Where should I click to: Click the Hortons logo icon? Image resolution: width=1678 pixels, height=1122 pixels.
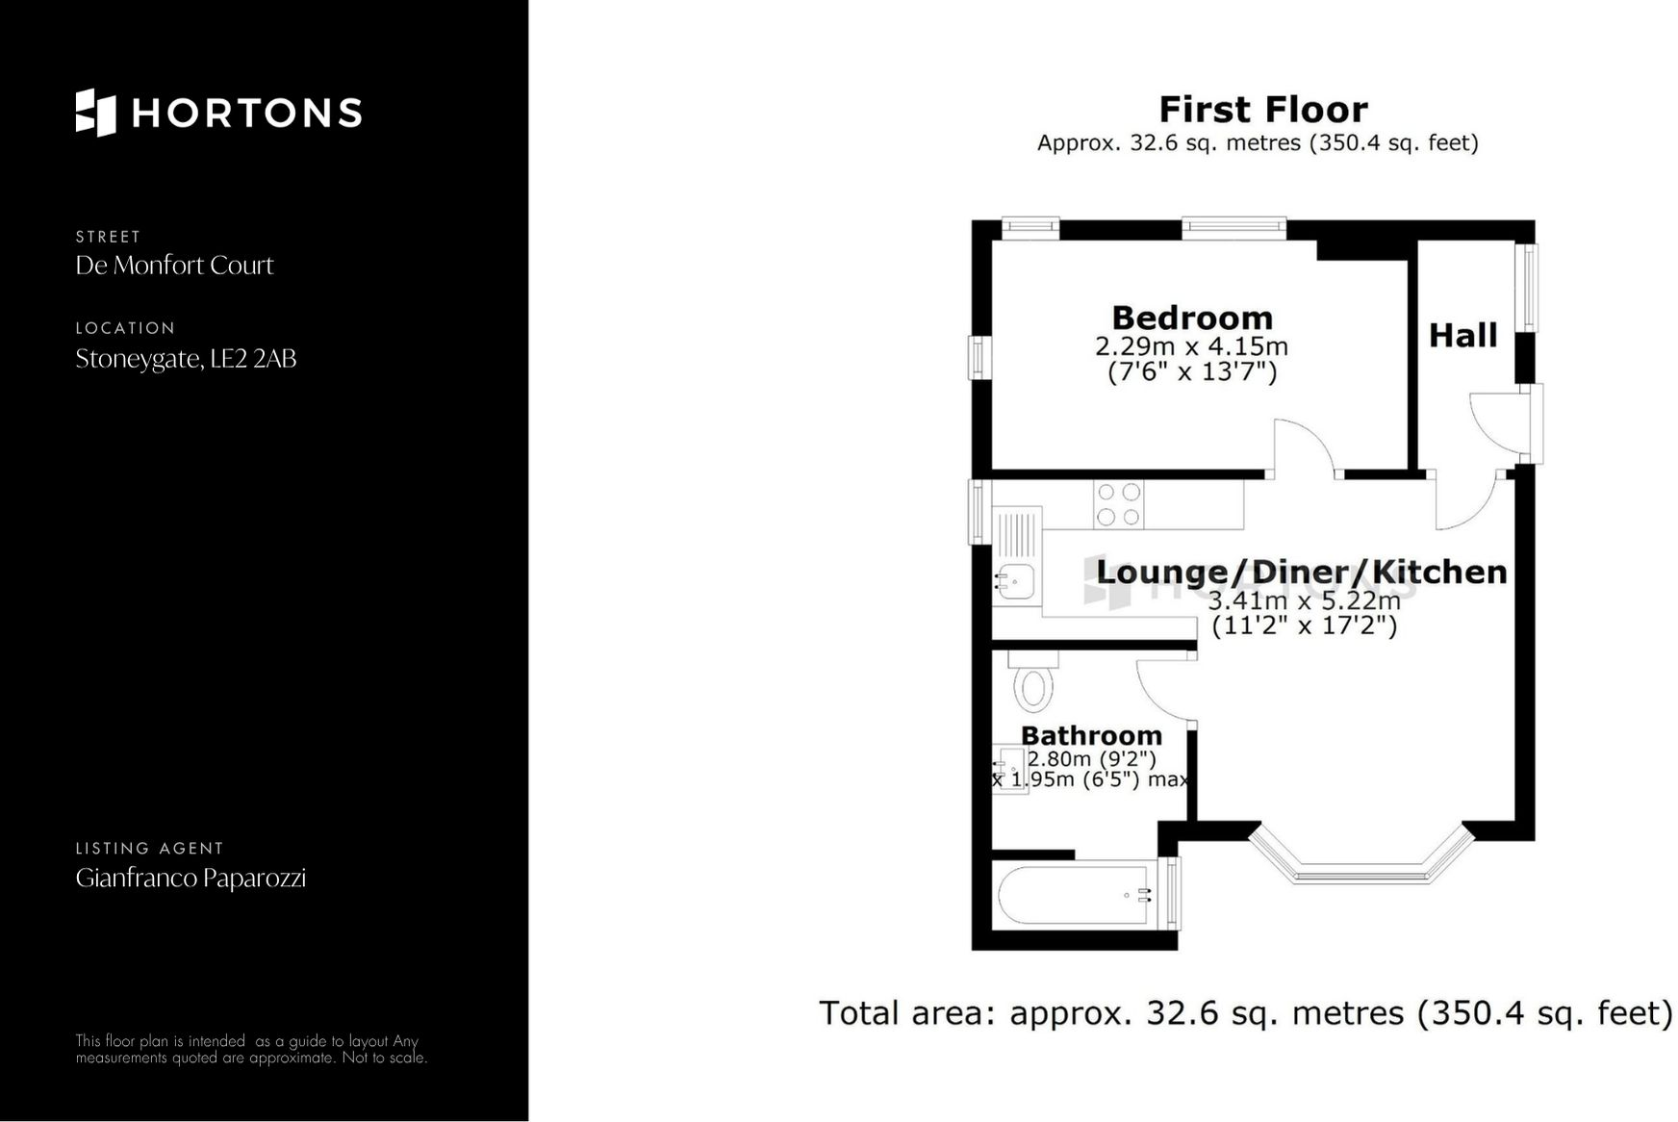click(x=95, y=113)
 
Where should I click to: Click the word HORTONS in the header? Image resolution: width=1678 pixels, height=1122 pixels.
click(x=246, y=113)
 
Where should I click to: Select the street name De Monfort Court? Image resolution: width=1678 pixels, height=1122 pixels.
click(x=174, y=266)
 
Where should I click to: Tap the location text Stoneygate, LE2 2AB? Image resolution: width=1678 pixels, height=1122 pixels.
click(x=186, y=359)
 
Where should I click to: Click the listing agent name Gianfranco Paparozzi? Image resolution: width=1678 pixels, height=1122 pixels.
click(x=191, y=878)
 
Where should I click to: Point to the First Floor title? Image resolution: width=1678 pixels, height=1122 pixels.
click(x=1262, y=110)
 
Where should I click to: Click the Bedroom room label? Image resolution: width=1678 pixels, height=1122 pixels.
click(x=1191, y=318)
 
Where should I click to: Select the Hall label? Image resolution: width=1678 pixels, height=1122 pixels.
click(x=1462, y=335)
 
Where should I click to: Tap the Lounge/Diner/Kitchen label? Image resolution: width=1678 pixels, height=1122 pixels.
click(x=1301, y=572)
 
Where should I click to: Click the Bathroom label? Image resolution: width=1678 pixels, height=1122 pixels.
click(x=1091, y=735)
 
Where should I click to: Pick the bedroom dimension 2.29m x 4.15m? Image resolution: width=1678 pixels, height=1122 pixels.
click(x=1191, y=345)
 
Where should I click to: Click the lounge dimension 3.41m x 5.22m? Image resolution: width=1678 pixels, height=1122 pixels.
click(x=1304, y=600)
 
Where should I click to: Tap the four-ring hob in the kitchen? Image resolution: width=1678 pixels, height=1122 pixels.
click(x=1118, y=504)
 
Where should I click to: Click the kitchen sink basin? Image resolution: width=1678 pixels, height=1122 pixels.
click(x=1015, y=581)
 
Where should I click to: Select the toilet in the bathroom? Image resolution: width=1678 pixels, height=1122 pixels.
click(x=1033, y=683)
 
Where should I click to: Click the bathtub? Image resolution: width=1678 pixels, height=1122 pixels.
click(x=1073, y=895)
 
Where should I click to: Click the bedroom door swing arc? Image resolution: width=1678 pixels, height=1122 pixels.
click(x=1304, y=446)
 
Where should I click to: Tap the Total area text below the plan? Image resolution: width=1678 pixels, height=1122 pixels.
click(x=1245, y=1013)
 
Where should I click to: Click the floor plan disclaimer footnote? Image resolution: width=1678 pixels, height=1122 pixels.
click(x=251, y=1049)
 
